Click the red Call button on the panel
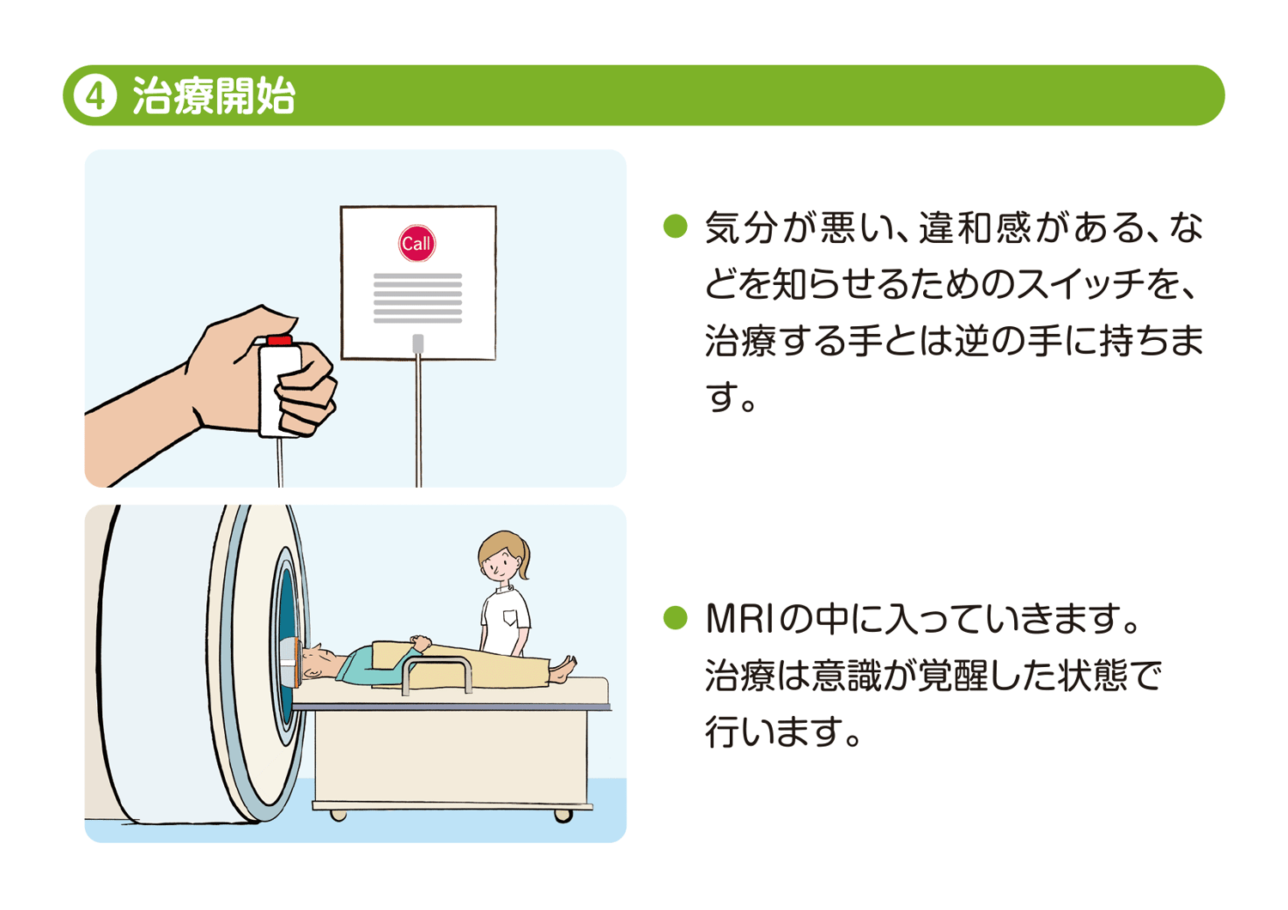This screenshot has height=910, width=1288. tap(416, 244)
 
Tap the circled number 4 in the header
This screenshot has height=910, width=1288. tap(95, 96)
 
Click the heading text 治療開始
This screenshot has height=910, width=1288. tap(214, 96)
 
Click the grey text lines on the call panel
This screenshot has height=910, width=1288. tap(417, 298)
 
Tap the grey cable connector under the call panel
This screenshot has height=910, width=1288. tap(418, 343)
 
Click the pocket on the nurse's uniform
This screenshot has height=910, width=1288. tap(511, 617)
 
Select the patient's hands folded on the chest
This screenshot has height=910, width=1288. tap(420, 642)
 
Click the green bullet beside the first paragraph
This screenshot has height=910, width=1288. tap(676, 227)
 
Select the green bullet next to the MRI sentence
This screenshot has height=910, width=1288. tap(676, 618)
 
